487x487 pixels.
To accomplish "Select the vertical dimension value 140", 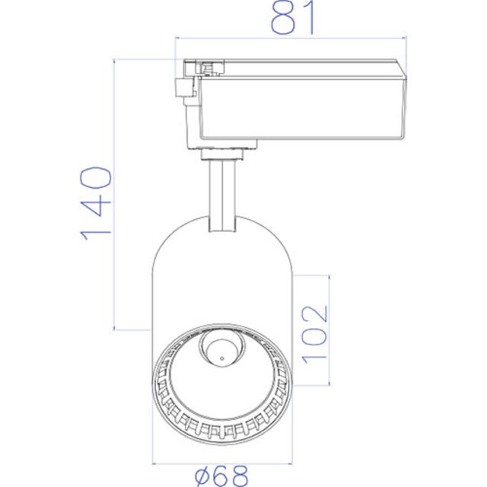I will [x=97, y=202].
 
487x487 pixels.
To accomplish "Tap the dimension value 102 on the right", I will [x=313, y=333].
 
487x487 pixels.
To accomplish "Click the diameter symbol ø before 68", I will [x=201, y=476].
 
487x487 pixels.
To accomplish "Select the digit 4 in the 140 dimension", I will [x=97, y=203].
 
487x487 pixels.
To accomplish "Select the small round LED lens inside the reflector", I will [x=221, y=351].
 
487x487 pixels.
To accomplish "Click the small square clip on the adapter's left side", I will [x=183, y=87].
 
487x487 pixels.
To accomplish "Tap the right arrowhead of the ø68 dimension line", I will [x=288, y=463].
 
